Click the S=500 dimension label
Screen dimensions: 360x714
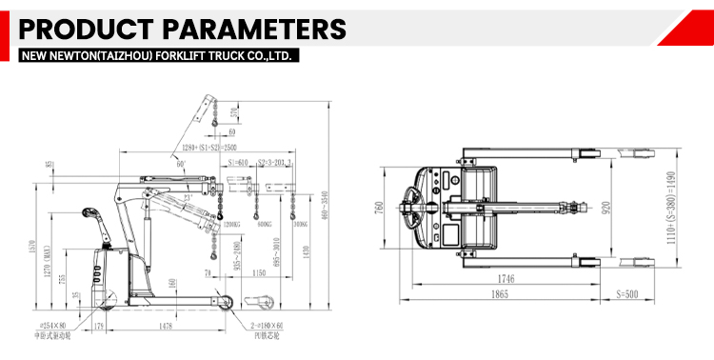628,296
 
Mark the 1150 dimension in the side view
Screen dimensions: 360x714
259,273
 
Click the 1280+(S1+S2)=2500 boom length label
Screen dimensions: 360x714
201,150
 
